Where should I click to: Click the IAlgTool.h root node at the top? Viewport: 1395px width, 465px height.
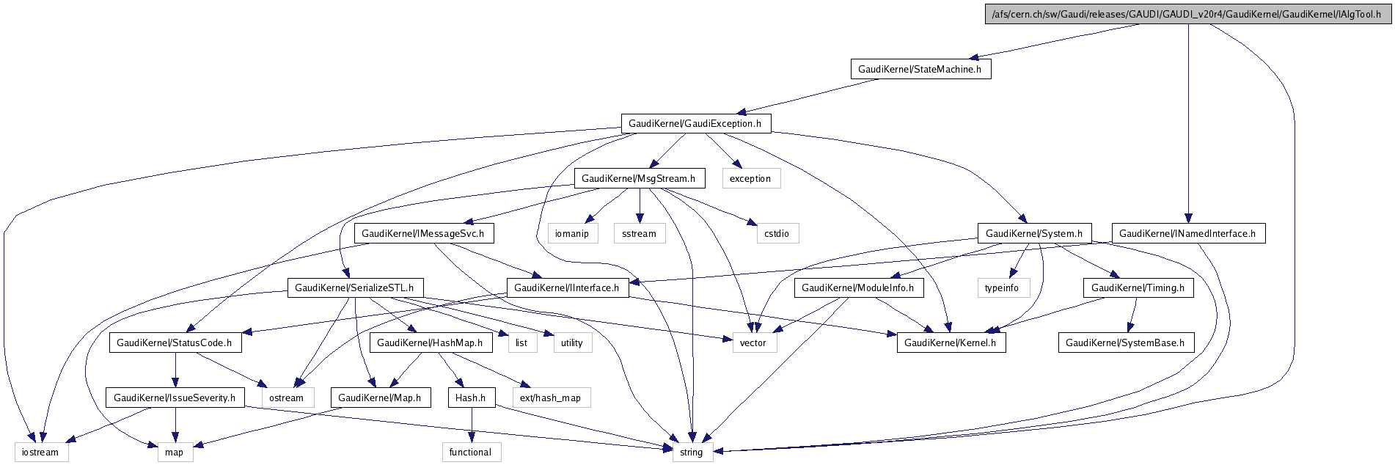coord(1187,14)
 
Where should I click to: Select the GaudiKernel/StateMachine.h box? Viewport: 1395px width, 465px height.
coord(920,69)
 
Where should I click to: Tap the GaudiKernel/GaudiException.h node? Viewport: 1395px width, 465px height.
coord(695,123)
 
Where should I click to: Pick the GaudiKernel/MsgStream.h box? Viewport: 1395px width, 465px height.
coord(640,178)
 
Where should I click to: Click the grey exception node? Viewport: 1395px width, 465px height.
coord(750,178)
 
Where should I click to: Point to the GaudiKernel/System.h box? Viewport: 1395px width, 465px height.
coord(1034,233)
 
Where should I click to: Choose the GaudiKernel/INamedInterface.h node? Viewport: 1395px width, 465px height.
coord(1188,233)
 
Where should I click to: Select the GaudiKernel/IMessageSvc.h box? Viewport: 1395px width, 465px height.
coord(423,233)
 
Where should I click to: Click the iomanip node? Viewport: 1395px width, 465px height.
coord(572,233)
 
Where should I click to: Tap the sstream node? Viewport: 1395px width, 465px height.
coord(639,233)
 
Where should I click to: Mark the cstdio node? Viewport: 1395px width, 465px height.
coord(777,233)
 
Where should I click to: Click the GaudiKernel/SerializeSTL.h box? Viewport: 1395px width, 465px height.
coord(355,288)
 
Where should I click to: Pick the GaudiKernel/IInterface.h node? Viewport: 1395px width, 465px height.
coord(567,288)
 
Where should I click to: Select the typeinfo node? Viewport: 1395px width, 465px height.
coord(1002,288)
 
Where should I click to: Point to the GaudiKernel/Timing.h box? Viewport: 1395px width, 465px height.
coord(1138,288)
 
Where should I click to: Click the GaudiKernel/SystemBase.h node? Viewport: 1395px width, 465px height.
coord(1126,343)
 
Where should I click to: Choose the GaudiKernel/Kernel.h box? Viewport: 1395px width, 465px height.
coord(951,343)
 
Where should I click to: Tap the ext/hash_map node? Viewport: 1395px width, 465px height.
coord(551,398)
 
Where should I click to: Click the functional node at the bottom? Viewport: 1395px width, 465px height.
coord(471,452)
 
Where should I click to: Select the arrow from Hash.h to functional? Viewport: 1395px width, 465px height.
coord(472,425)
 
